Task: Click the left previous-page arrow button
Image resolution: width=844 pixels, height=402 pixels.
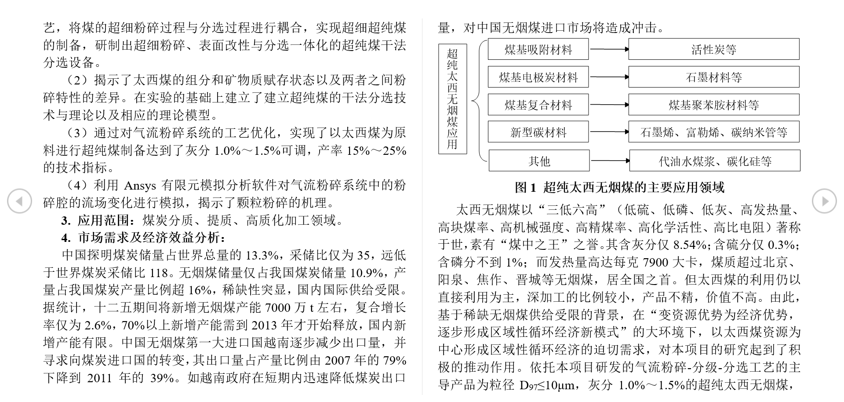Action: [19, 201]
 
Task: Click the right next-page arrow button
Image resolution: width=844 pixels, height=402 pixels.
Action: [824, 201]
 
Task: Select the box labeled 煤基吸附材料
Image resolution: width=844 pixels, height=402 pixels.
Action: [538, 50]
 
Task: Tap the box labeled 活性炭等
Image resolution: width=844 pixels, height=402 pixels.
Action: [713, 50]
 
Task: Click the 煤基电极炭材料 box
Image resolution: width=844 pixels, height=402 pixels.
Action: [538, 77]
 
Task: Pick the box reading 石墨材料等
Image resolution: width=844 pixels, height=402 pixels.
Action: [713, 77]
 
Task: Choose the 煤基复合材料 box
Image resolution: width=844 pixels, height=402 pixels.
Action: [538, 105]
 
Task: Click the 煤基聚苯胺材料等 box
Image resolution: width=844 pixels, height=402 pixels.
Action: [713, 105]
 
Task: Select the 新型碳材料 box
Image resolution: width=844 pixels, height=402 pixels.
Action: [538, 132]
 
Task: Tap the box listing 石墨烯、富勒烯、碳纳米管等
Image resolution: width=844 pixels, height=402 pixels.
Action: [713, 132]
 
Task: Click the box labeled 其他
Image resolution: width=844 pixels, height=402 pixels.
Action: [539, 161]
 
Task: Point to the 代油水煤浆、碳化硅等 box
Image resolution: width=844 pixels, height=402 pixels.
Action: [715, 161]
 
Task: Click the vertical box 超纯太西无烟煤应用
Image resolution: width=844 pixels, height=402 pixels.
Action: [452, 99]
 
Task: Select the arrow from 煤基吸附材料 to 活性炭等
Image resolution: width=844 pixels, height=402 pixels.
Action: [609, 49]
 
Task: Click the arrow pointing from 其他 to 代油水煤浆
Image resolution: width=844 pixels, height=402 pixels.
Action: [610, 161]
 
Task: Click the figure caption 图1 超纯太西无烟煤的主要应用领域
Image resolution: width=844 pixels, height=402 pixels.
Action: [619, 187]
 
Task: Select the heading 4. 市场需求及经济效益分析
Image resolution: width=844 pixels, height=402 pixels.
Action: [143, 238]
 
